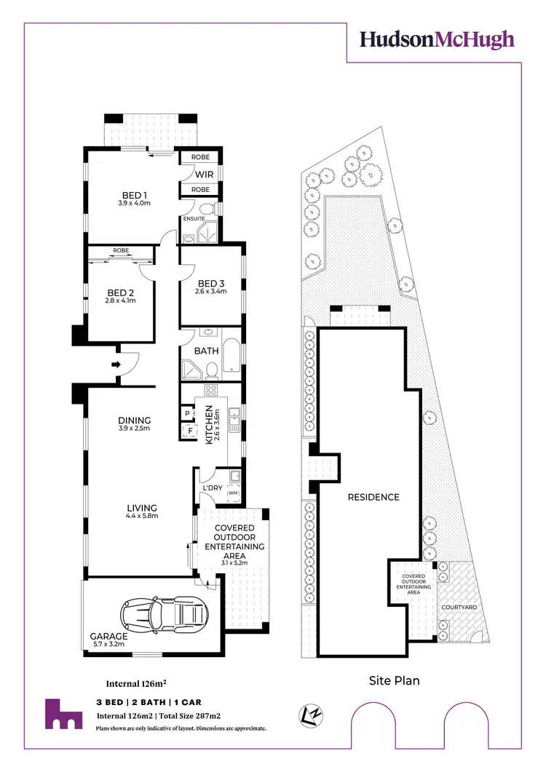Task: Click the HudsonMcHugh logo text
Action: pyautogui.click(x=438, y=39)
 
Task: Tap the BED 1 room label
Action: pyautogui.click(x=135, y=194)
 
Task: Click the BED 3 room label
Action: pyautogui.click(x=212, y=283)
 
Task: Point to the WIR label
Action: pyautogui.click(x=204, y=175)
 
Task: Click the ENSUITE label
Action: pyautogui.click(x=194, y=218)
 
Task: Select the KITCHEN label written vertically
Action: pyautogui.click(x=209, y=426)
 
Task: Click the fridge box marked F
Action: pyautogui.click(x=191, y=430)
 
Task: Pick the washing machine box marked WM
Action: pyautogui.click(x=233, y=494)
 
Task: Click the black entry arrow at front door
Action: pyautogui.click(x=115, y=364)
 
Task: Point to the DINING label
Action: pyautogui.click(x=135, y=420)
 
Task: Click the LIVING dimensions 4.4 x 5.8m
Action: pyautogui.click(x=142, y=516)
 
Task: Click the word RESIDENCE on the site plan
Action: pyautogui.click(x=373, y=497)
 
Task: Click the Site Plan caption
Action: pyautogui.click(x=394, y=681)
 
